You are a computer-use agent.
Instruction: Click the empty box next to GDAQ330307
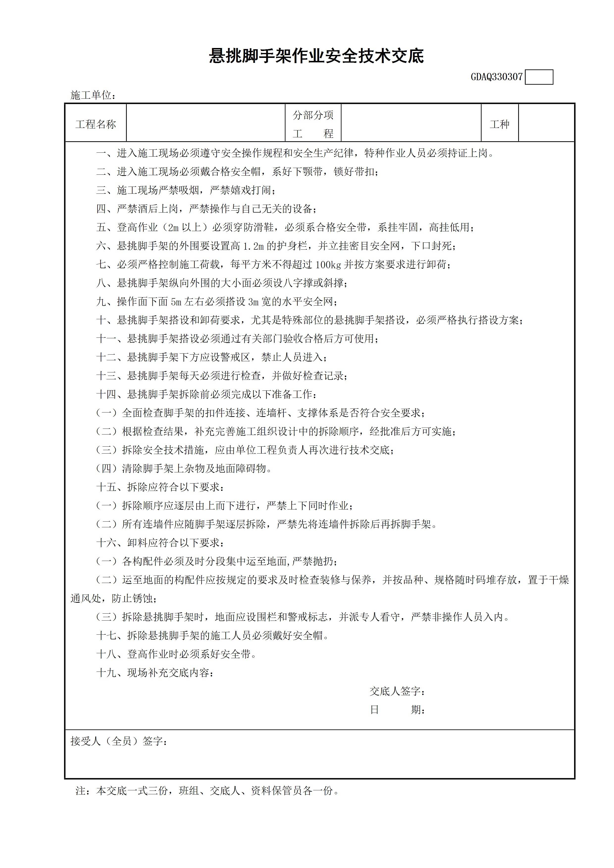coord(539,77)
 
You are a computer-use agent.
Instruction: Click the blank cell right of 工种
coord(546,123)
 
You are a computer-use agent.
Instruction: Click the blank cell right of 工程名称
coord(205,123)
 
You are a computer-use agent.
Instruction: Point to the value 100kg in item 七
coord(328,264)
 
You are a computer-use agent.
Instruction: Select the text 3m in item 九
coord(253,301)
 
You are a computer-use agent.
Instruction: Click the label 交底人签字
coord(397,691)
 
